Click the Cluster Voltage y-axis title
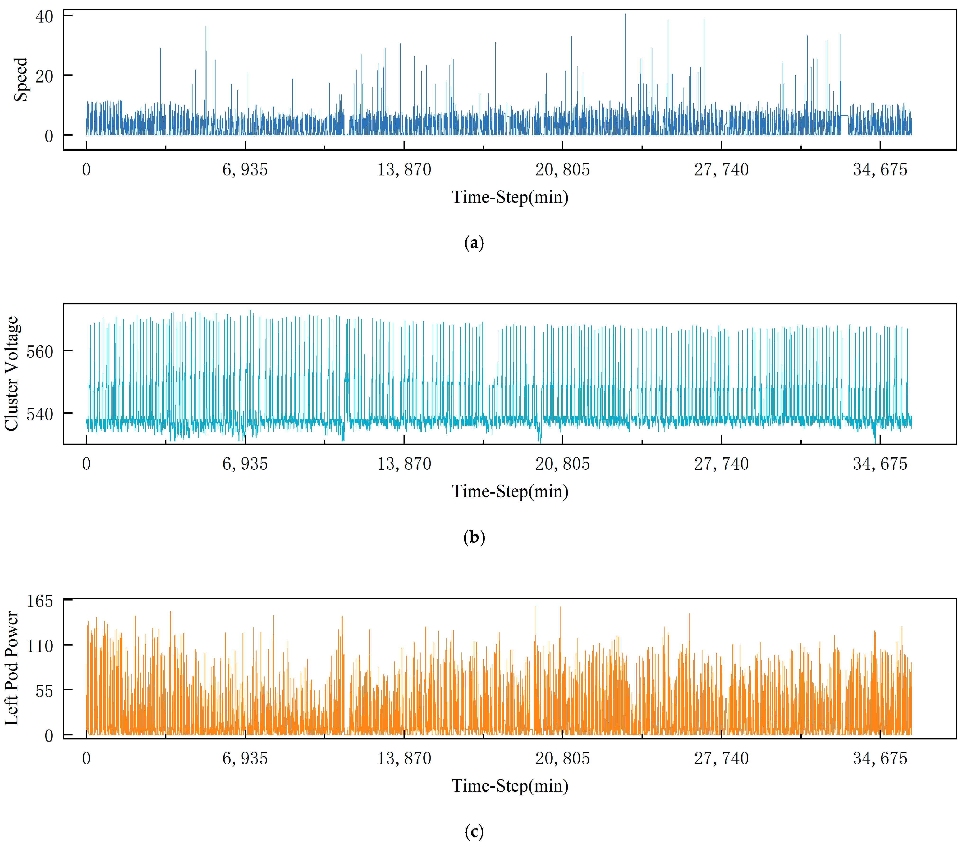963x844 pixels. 11,373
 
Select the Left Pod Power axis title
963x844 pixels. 11,668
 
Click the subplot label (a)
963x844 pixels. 474,243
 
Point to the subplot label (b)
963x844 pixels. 474,537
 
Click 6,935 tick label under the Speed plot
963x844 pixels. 245,170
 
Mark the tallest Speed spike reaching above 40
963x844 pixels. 625,15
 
